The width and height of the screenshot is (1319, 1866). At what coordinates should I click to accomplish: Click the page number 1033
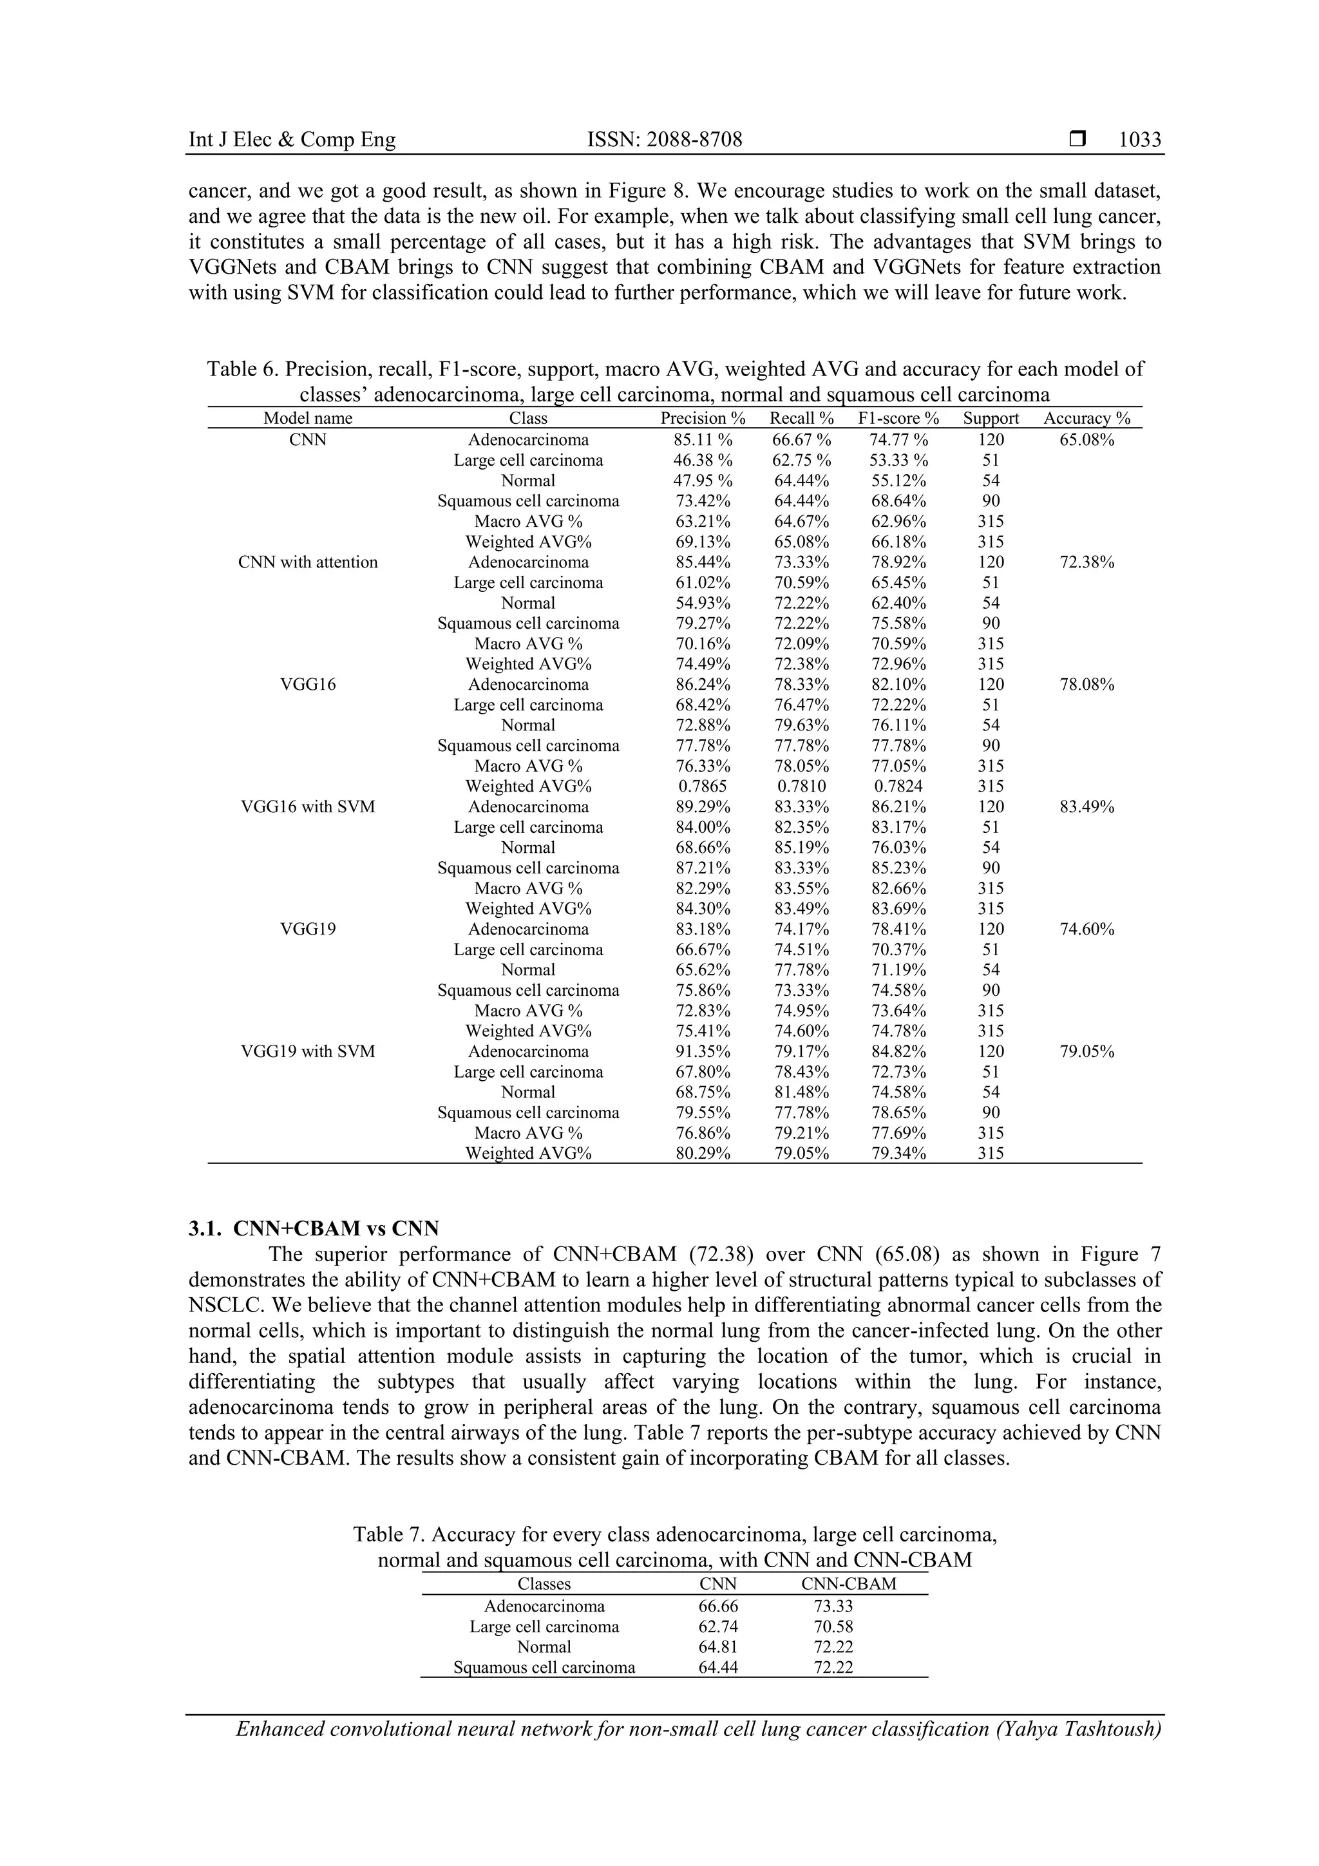1139,140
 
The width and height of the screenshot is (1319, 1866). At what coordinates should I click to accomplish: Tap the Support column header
991,419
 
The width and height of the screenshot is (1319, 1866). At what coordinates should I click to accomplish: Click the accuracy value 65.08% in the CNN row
1087,440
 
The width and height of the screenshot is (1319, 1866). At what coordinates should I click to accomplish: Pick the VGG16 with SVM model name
308,807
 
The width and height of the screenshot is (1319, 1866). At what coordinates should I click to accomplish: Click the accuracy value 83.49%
1087,807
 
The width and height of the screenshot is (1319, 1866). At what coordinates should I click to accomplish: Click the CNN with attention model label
308,562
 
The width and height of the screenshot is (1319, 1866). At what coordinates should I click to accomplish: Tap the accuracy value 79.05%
1087,1052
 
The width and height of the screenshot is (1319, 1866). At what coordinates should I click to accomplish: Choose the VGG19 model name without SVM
308,929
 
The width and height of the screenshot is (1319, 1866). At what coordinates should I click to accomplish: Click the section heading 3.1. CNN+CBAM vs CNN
314,1228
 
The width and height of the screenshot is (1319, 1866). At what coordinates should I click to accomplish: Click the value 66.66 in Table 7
718,1606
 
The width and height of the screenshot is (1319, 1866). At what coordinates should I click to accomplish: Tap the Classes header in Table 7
544,1584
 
